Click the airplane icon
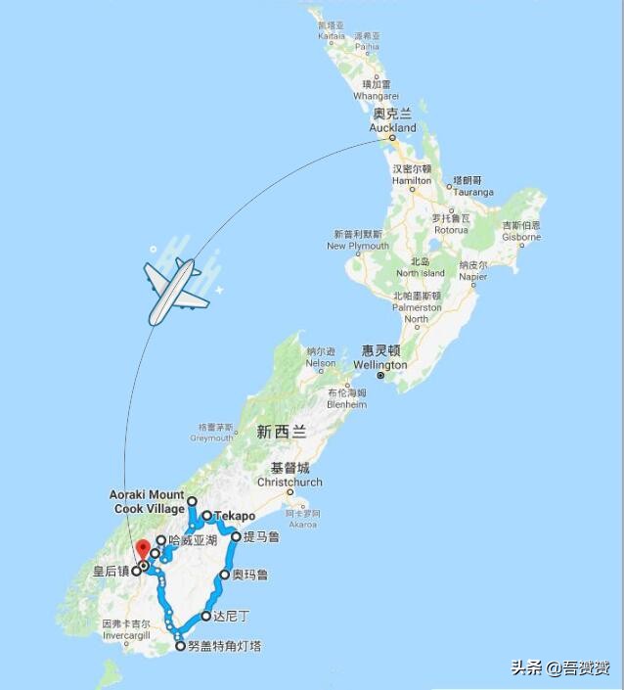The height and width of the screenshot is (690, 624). (x=177, y=290)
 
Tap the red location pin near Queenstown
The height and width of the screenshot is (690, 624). (x=143, y=550)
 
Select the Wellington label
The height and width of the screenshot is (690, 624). (x=380, y=358)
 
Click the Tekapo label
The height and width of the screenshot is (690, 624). (x=234, y=516)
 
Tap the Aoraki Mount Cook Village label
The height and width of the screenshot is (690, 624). (x=147, y=502)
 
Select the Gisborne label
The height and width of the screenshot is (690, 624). (x=521, y=231)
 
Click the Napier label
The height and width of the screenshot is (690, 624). (x=473, y=271)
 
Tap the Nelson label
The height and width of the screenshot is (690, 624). (x=320, y=356)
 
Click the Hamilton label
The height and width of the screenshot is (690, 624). (x=411, y=175)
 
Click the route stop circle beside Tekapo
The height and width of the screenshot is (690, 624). (x=206, y=516)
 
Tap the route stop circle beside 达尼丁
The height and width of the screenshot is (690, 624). (x=205, y=616)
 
